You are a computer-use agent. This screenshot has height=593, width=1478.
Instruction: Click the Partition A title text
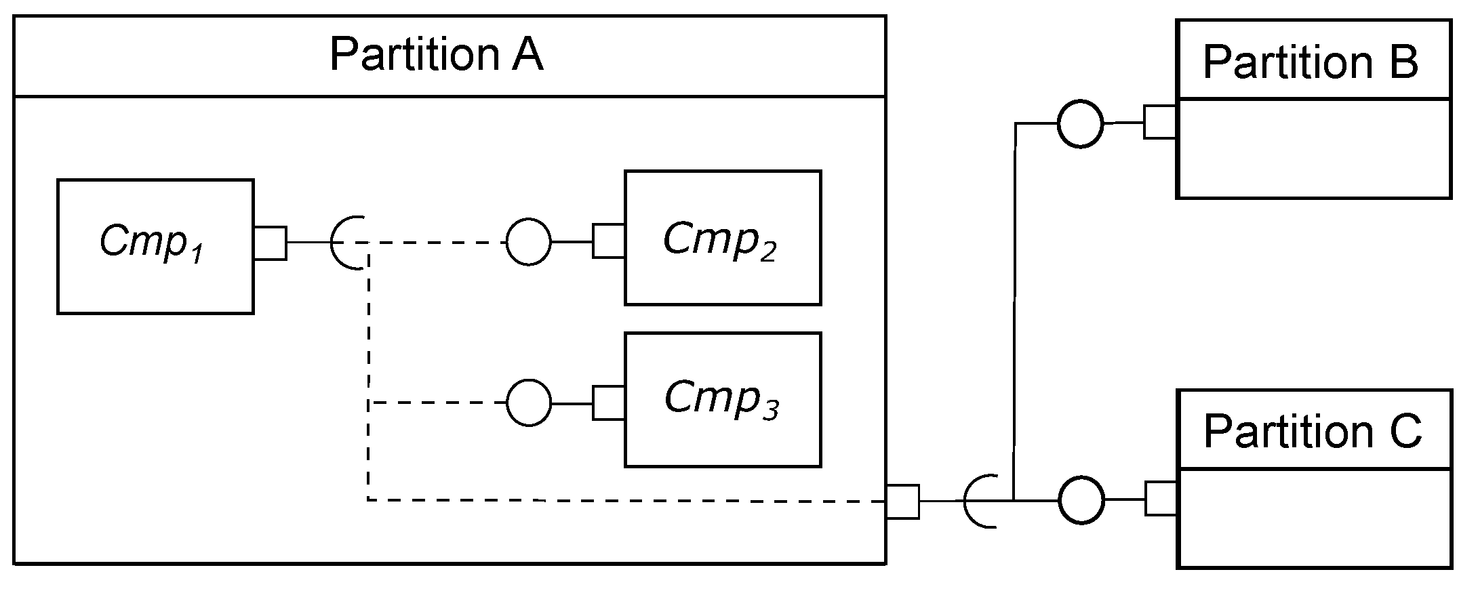click(x=436, y=55)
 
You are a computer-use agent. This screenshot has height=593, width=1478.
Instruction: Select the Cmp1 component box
click(x=155, y=246)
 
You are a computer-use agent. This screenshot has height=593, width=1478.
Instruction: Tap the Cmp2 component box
click(x=723, y=238)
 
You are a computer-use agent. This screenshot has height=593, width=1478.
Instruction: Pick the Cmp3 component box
click(x=723, y=399)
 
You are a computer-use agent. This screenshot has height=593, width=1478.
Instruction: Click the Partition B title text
click(x=1311, y=62)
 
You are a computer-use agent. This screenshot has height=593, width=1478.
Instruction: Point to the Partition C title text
click(x=1312, y=431)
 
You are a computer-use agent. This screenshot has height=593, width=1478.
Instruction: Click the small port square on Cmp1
click(x=270, y=243)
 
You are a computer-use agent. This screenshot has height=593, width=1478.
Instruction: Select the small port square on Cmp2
click(x=608, y=241)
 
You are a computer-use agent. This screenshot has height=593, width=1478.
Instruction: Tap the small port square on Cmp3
click(x=608, y=403)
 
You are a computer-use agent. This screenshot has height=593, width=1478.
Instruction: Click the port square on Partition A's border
click(x=902, y=502)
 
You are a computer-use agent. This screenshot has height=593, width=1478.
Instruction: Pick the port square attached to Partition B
click(x=1160, y=123)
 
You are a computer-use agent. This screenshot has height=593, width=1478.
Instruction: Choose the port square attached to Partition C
click(x=1161, y=499)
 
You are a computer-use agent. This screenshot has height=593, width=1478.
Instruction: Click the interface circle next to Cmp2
click(x=529, y=242)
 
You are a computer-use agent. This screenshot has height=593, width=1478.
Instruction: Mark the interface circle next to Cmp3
click(x=529, y=403)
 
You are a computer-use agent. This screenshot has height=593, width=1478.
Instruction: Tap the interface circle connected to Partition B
click(x=1080, y=124)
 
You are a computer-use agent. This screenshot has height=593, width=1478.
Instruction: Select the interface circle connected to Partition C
click(x=1081, y=500)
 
